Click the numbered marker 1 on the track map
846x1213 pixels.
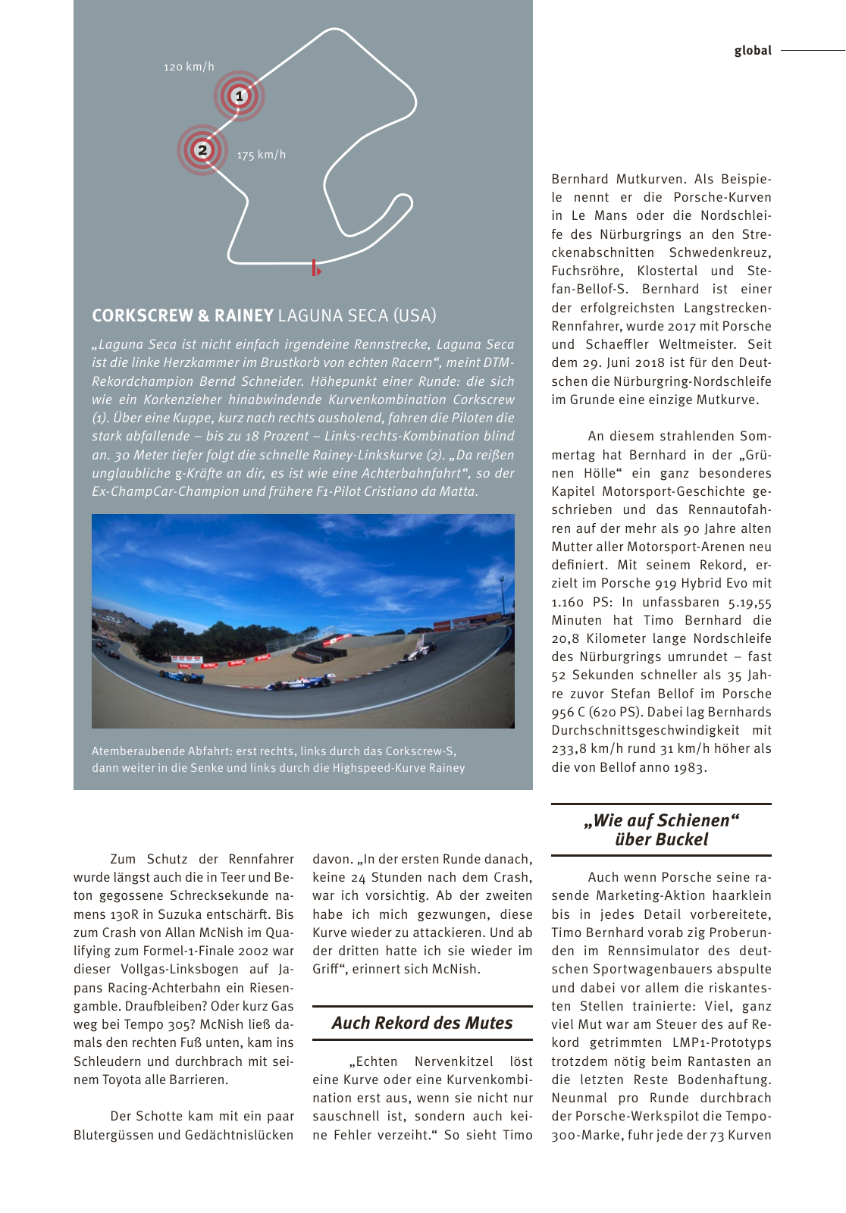(x=240, y=96)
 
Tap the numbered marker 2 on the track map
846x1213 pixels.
(x=202, y=150)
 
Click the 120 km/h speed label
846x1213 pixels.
(x=189, y=67)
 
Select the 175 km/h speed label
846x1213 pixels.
(x=262, y=155)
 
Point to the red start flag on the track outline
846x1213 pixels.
(x=315, y=268)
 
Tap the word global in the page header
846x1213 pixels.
(x=752, y=50)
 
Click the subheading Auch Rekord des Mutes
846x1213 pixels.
(x=422, y=1023)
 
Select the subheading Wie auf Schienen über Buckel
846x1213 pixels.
(x=661, y=830)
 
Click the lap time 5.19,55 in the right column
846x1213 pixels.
(x=749, y=602)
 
